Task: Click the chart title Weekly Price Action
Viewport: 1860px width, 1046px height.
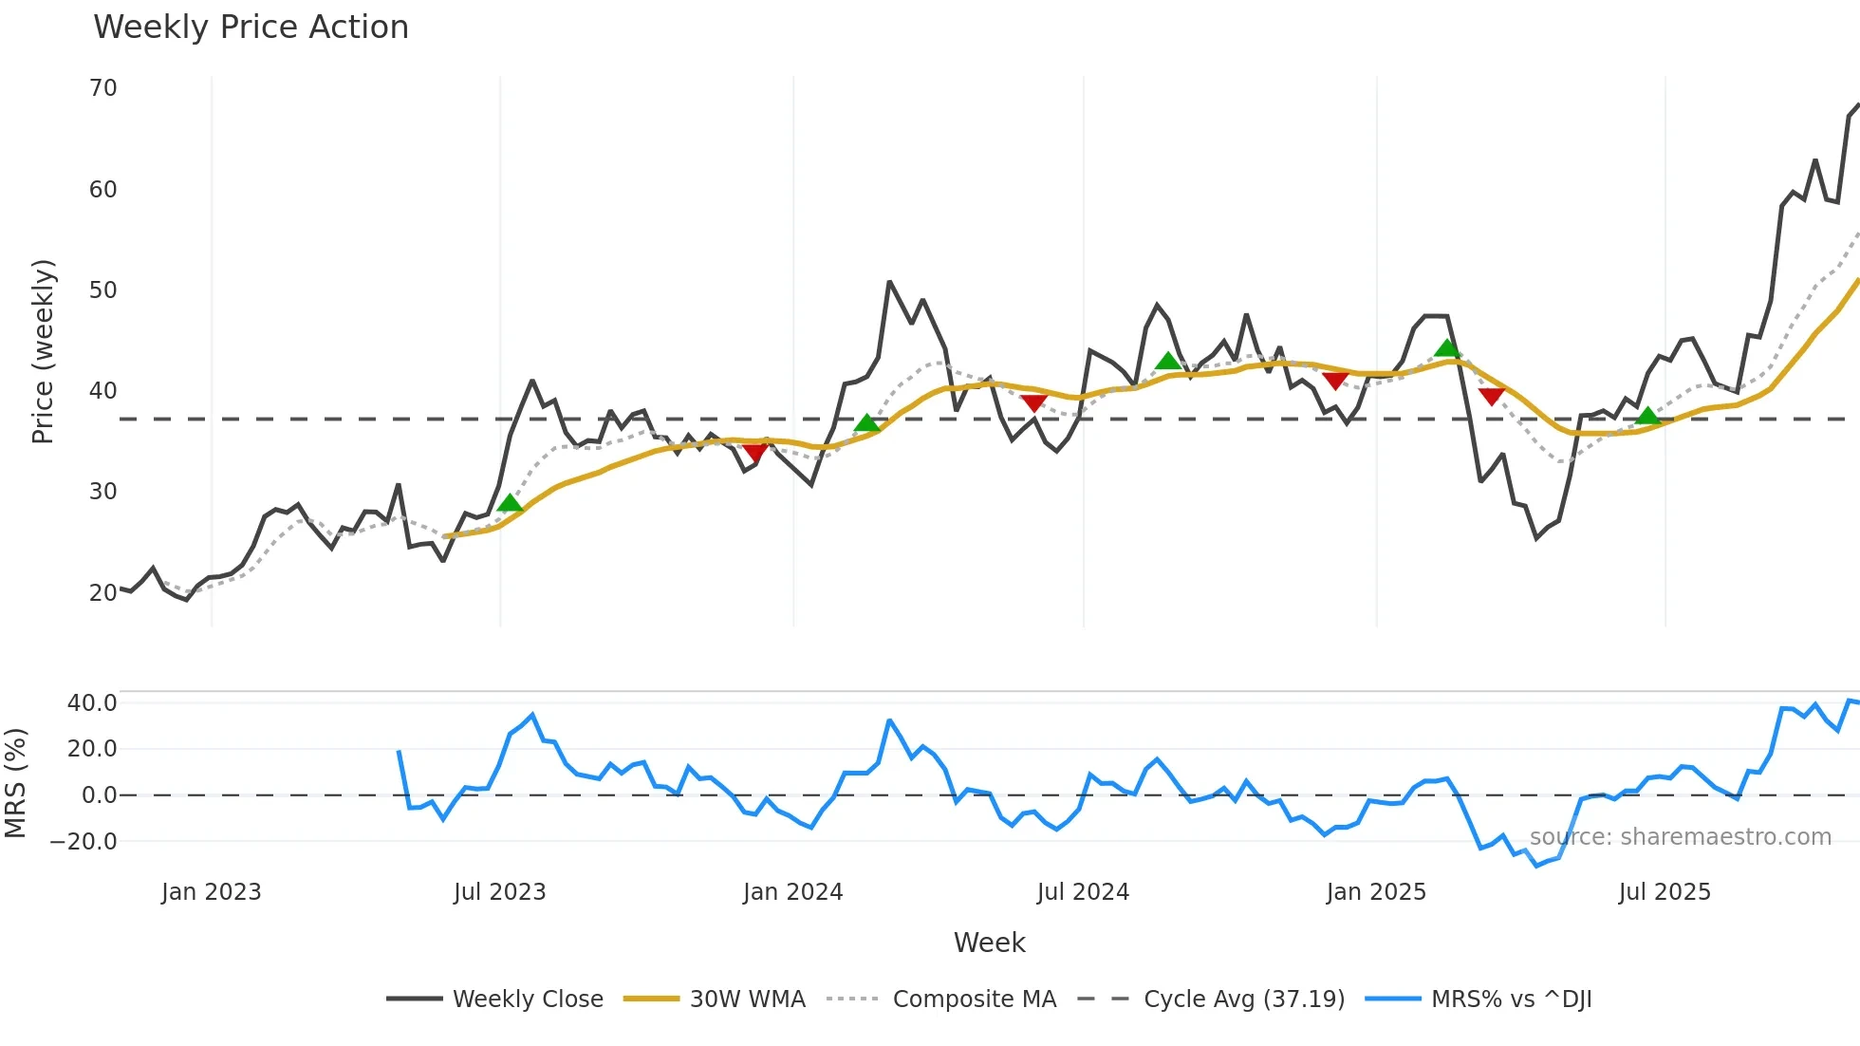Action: click(x=251, y=28)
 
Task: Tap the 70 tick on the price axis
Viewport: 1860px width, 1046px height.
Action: click(x=102, y=88)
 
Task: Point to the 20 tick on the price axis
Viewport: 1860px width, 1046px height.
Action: click(x=102, y=593)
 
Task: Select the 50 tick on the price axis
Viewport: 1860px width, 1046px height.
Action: click(x=102, y=290)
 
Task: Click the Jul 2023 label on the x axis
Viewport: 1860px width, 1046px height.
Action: click(x=499, y=892)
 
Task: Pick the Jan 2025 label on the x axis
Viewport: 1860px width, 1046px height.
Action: click(x=1375, y=892)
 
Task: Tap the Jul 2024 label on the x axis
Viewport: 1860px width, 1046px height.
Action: click(x=1083, y=892)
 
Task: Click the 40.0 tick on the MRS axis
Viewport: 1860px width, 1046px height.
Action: click(x=92, y=703)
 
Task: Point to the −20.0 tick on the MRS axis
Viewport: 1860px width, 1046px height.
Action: click(x=84, y=842)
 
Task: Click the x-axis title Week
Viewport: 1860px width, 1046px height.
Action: click(x=989, y=943)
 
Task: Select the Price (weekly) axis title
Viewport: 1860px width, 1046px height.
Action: click(x=44, y=351)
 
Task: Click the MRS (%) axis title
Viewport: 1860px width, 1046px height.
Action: click(x=15, y=783)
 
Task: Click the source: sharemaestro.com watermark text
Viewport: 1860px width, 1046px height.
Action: click(x=1680, y=837)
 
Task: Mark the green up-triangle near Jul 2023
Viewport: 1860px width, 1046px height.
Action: click(x=510, y=503)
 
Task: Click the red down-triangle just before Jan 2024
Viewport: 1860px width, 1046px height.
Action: click(x=755, y=452)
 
